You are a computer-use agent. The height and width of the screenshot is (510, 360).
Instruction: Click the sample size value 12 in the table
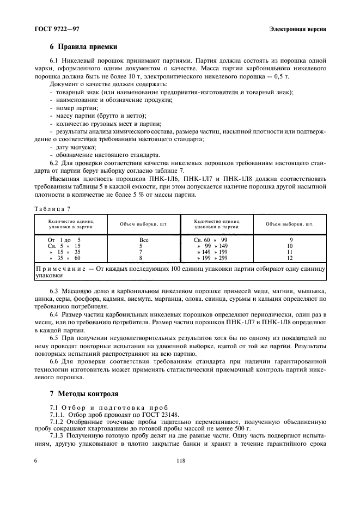coord(290,257)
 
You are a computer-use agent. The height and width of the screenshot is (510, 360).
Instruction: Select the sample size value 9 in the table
coord(290,239)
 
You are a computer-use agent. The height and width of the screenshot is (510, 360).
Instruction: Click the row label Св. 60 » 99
coord(211,239)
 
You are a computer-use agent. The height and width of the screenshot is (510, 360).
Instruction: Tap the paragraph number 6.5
coord(54,338)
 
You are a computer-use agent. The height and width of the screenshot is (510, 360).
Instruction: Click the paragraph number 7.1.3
coord(58,437)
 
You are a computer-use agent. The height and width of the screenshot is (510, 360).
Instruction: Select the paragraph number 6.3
coord(54,292)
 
